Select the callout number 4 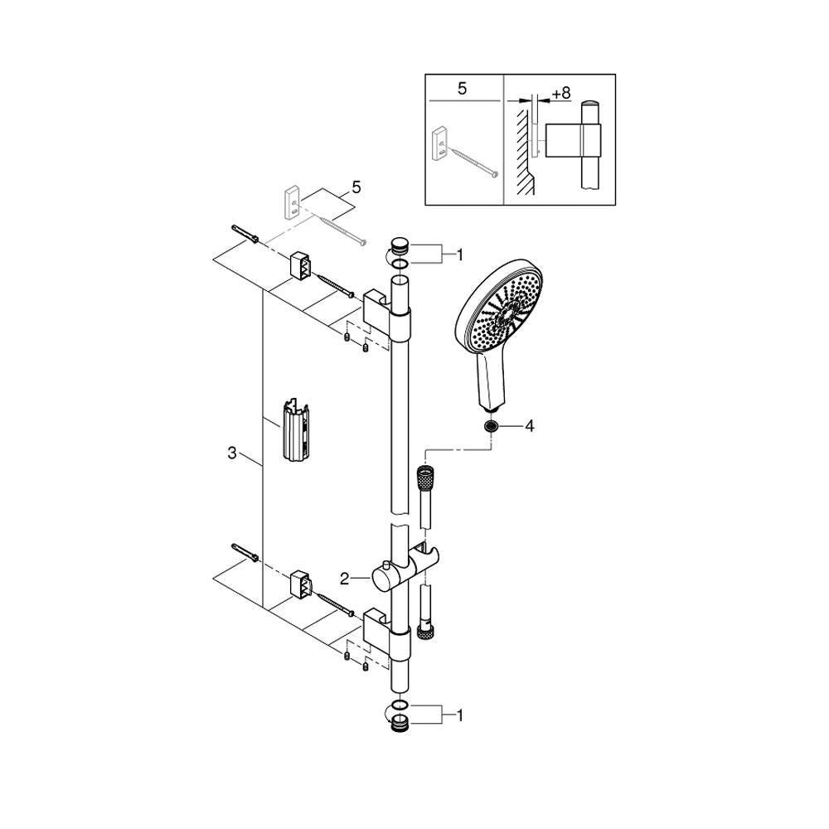point(529,425)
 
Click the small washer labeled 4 point(491,425)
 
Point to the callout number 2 point(345,579)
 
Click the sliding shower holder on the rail point(406,568)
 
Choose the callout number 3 point(231,453)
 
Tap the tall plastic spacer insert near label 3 point(297,429)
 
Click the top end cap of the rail point(400,247)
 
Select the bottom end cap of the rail point(400,723)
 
